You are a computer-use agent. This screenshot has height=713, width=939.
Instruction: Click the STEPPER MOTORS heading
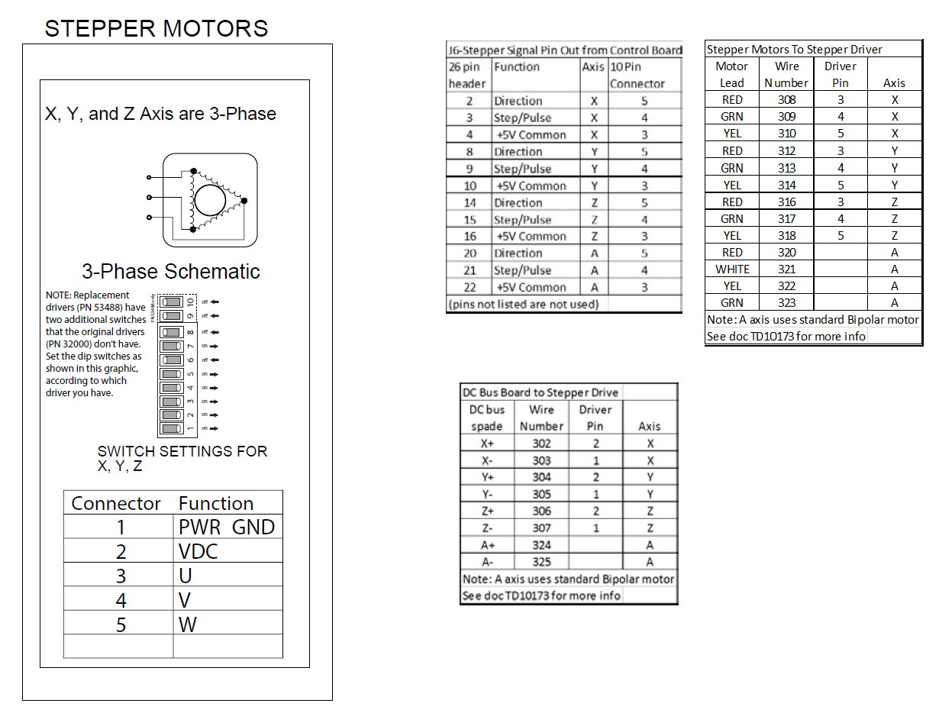click(x=156, y=29)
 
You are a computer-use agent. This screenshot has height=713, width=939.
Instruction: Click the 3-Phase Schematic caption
click(x=171, y=272)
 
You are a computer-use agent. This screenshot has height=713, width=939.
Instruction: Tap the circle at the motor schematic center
click(x=210, y=200)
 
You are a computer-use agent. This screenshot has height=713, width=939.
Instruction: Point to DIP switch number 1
click(x=171, y=428)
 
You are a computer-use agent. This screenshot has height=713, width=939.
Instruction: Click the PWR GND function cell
click(x=226, y=527)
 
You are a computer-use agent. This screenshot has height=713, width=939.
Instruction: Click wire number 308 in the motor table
click(x=786, y=100)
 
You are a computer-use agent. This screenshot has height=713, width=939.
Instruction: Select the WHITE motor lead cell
click(x=732, y=269)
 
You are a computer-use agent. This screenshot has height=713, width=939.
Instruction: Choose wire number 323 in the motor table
click(x=786, y=303)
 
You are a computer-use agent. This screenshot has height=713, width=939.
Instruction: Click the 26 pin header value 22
click(x=469, y=288)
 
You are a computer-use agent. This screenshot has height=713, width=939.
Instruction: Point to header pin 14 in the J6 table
click(x=469, y=203)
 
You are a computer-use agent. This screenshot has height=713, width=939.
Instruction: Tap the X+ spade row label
click(x=487, y=444)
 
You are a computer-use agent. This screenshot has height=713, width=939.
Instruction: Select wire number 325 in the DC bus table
click(x=541, y=562)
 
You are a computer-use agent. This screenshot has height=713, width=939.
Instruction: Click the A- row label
click(x=487, y=562)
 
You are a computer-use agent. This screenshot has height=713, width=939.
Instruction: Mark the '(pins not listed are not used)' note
click(x=523, y=305)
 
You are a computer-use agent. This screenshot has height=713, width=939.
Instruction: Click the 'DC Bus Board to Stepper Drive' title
click(x=541, y=392)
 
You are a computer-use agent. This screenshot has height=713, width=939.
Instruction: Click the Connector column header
click(x=116, y=504)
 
